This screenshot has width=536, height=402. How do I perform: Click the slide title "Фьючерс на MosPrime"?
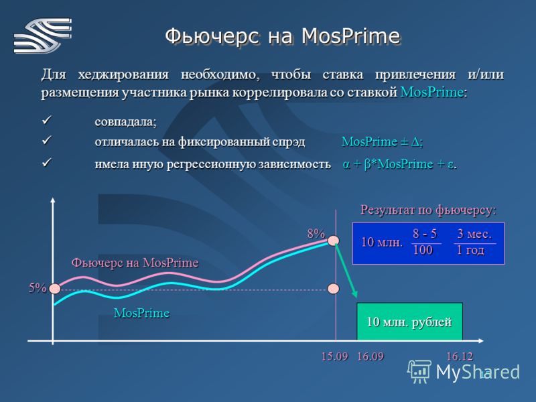pos(282,36)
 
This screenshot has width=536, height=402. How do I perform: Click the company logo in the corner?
pos(43,36)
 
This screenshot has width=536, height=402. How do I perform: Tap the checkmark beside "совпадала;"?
pos(46,120)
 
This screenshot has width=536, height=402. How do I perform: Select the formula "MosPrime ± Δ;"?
pos(382,141)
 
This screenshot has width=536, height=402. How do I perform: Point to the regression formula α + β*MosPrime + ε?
pos(399,164)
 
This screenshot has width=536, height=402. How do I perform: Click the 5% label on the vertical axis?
pos(38,288)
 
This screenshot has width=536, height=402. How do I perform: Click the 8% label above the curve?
pos(316,233)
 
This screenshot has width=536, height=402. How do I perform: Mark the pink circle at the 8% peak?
pos(333,241)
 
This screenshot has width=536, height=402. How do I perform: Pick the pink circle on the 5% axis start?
pos(55,289)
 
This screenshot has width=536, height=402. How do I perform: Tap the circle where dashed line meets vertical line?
pos(333,289)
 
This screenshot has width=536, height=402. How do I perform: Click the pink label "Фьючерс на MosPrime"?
pos(135,263)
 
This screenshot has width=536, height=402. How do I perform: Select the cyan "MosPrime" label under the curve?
pos(141,313)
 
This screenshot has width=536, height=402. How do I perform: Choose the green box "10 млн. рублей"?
pos(409,322)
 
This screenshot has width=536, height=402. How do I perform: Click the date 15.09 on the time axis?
pos(334,356)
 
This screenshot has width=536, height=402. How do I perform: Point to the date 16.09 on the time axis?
pos(371,356)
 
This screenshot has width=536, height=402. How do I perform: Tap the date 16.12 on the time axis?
pos(460,356)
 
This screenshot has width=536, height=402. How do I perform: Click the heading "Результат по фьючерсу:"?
pos(428,210)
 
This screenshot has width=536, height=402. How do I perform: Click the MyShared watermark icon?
pos(419,371)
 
